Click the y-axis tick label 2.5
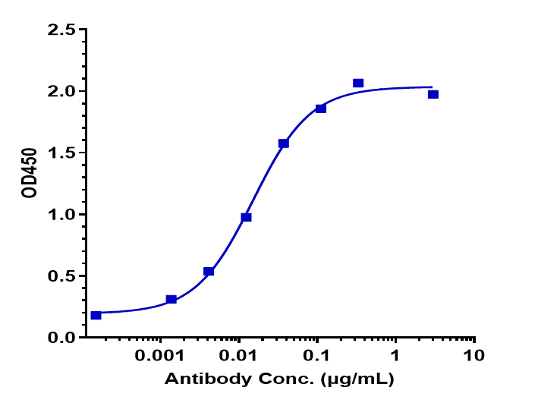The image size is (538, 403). tap(61, 30)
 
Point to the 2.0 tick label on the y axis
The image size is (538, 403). tap(61, 92)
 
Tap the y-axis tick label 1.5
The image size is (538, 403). tap(61, 153)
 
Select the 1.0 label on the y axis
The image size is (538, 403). tap(61, 215)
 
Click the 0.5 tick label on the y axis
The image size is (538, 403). tap(61, 276)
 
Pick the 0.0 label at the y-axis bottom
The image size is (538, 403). tap(61, 338)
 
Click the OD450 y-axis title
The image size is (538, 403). tap(30, 183)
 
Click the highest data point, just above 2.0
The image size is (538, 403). tap(358, 83)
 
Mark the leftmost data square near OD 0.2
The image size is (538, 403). tap(96, 315)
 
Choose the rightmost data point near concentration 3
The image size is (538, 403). tap(433, 94)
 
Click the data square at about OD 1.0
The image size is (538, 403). tap(246, 217)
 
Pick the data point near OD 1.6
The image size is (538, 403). tap(284, 143)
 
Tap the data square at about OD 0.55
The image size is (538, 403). tap(209, 271)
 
